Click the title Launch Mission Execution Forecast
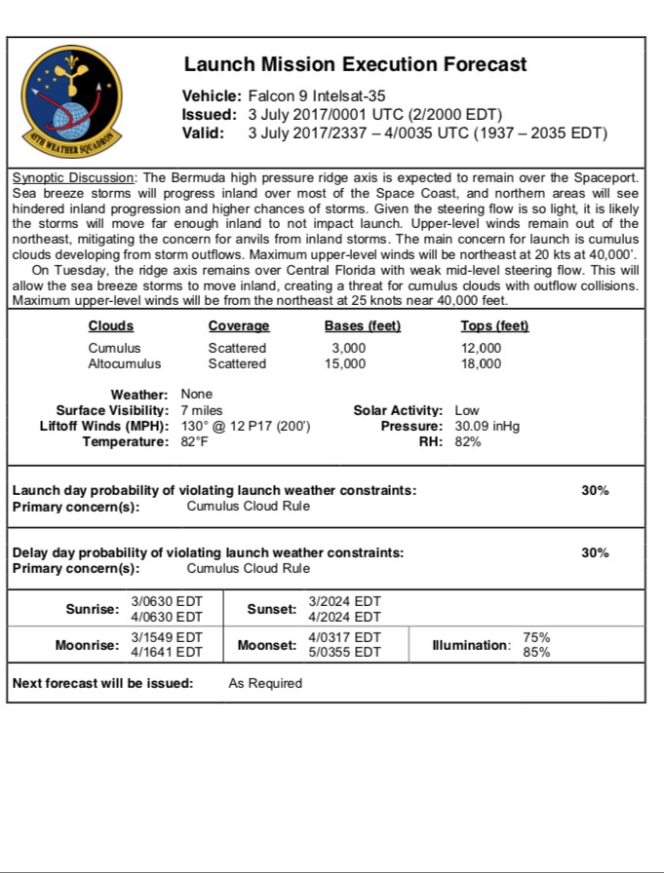(355, 65)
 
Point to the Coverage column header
(239, 326)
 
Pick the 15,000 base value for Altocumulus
(345, 363)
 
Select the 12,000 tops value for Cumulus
(482, 348)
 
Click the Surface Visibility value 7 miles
(202, 410)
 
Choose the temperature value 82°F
(195, 441)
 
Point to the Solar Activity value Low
(467, 410)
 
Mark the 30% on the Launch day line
(595, 490)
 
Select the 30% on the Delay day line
(595, 552)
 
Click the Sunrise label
(92, 609)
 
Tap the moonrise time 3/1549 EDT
(167, 637)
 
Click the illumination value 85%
(536, 653)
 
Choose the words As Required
(265, 683)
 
